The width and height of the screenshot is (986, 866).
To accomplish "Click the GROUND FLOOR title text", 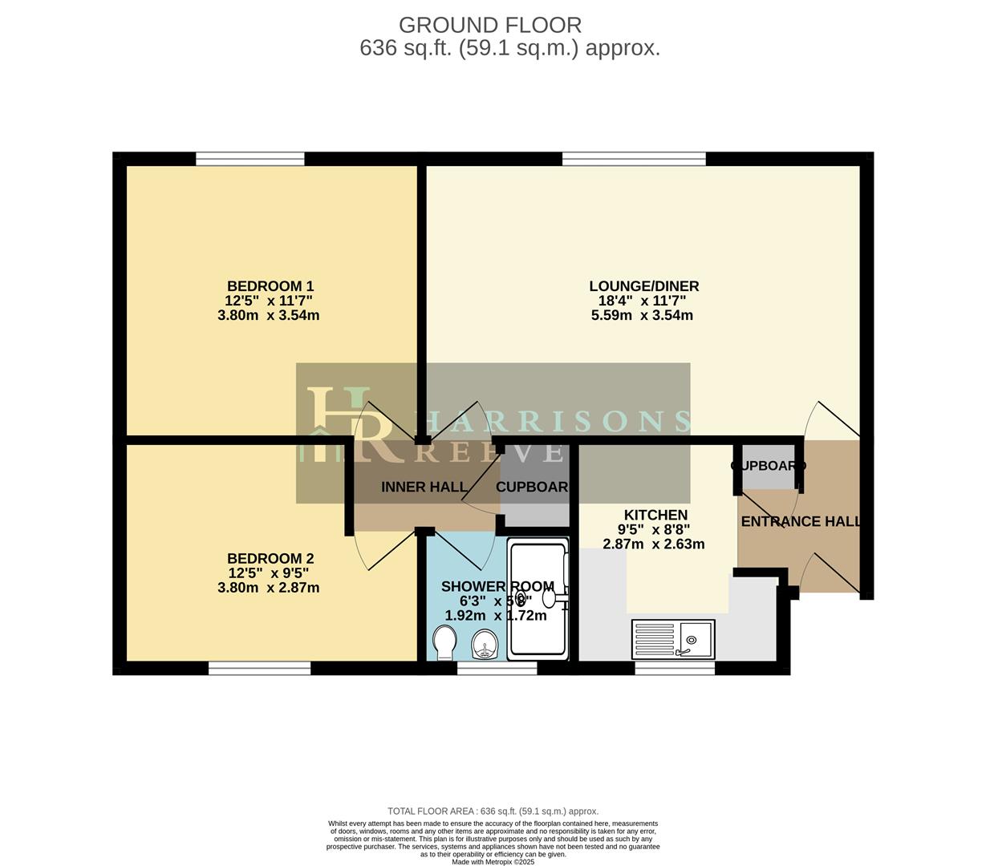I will [x=489, y=26].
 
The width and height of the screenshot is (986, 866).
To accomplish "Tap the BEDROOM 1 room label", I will [x=270, y=286].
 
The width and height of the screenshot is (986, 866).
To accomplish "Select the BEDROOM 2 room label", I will [x=270, y=559].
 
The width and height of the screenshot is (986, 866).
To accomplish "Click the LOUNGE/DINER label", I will [x=643, y=286].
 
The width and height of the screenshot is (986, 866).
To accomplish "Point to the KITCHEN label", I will [x=655, y=515].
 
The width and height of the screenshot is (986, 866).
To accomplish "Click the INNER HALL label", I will [x=424, y=488].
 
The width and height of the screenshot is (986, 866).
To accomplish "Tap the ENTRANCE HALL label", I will [x=801, y=522].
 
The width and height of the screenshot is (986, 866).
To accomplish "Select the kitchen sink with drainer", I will [x=673, y=639].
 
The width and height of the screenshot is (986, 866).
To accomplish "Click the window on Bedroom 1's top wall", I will [x=250, y=159].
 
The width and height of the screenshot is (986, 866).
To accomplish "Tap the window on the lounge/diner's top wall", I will [x=634, y=159].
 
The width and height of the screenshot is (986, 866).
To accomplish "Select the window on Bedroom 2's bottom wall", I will [x=259, y=668].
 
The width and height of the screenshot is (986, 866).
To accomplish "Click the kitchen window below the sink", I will [x=674, y=668].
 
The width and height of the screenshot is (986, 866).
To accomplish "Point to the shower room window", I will [x=497, y=668].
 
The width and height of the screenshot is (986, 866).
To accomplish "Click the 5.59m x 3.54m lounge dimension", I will [x=642, y=316].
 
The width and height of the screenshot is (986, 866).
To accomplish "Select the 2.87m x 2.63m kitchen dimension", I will [x=654, y=544].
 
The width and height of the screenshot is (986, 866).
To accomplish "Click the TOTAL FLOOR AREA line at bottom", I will [x=493, y=811].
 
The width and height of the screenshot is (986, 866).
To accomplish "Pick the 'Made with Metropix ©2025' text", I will [x=493, y=862].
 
